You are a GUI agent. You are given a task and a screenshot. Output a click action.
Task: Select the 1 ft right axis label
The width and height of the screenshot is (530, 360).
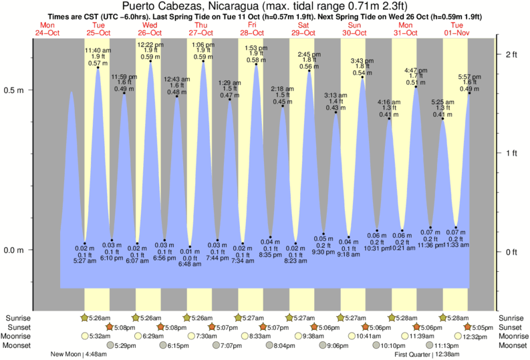(512, 153)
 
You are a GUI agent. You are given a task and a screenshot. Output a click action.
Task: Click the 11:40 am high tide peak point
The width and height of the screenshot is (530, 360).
(98, 67)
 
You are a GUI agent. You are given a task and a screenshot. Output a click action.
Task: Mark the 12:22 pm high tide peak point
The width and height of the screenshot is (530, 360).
(150, 62)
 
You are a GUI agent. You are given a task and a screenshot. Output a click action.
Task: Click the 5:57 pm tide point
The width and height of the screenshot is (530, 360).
(469, 93)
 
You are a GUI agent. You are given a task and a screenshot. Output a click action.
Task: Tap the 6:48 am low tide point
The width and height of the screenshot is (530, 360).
(190, 246)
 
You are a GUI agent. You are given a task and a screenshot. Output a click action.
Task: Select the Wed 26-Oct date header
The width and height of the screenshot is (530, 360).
(150, 29)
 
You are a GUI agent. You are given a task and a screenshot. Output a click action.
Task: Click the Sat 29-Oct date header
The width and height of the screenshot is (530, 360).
(303, 29)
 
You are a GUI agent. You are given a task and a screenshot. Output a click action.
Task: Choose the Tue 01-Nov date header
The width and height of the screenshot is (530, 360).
(456, 29)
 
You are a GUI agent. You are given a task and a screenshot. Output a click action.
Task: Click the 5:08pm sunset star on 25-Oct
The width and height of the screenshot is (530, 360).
(110, 327)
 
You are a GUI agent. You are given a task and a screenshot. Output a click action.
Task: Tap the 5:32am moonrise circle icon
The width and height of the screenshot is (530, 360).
(85, 337)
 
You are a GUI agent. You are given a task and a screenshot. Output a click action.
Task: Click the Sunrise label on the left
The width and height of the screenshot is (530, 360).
(18, 318)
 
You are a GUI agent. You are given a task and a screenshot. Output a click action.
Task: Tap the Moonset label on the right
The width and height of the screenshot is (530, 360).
(513, 345)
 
